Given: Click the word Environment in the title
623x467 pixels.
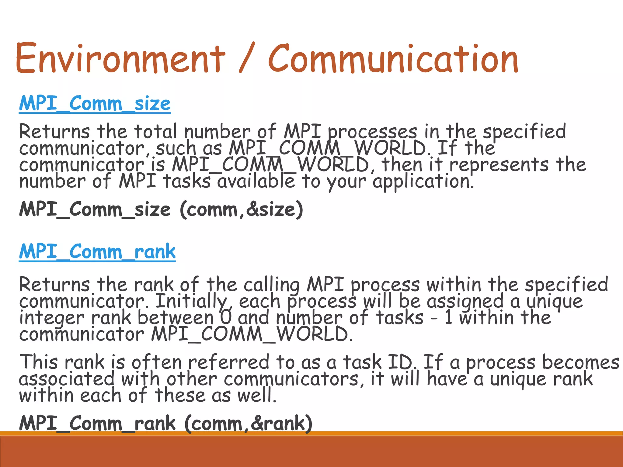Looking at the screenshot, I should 120,58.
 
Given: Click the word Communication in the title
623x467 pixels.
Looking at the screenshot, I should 393,58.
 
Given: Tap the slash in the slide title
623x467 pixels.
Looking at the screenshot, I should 246,58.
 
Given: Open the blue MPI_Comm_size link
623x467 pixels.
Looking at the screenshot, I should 95,104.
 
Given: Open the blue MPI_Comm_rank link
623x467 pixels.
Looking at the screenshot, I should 97,252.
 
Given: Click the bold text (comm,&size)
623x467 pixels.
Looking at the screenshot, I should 242,210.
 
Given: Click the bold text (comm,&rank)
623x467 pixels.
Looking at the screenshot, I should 248,423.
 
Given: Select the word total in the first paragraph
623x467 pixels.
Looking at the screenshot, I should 155,132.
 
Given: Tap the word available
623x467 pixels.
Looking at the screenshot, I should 256,181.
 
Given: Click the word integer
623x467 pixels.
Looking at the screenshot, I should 52,318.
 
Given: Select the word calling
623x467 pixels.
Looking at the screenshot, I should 272,285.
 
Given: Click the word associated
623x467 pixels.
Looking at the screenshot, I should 67,379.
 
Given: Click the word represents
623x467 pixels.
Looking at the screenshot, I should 499,165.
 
